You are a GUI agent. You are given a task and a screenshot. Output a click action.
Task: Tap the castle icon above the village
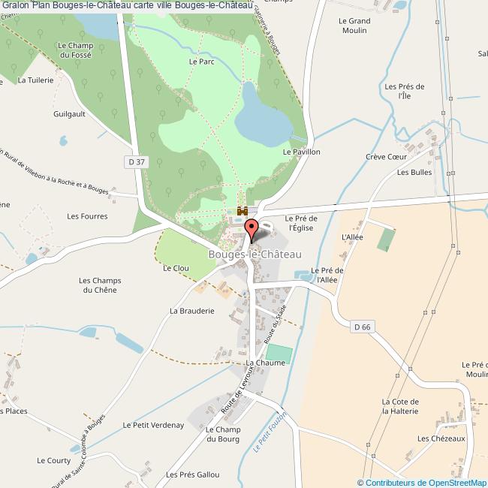click(x=242, y=211)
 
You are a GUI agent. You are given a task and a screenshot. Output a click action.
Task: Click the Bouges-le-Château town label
click(x=255, y=255)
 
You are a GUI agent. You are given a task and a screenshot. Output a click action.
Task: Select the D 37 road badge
click(x=134, y=161)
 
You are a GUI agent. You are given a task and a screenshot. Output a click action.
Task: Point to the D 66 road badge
click(x=362, y=326)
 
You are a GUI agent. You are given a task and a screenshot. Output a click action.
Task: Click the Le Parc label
click(x=202, y=62)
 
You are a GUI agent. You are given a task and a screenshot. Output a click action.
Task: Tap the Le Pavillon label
click(x=301, y=152)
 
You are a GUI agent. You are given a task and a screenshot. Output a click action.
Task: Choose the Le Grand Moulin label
click(x=353, y=26)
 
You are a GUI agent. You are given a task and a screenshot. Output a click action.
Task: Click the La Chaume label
click(x=266, y=363)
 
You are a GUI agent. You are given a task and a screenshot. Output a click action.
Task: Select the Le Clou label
click(x=176, y=267)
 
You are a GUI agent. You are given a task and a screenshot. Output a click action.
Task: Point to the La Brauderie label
click(x=192, y=310)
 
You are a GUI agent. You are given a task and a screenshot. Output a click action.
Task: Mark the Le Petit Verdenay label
click(x=153, y=425)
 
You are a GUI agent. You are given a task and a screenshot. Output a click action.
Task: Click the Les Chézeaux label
click(x=442, y=438)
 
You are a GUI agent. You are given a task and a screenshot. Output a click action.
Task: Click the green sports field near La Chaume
click(x=278, y=351)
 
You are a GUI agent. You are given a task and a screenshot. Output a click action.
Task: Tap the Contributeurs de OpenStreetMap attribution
click(x=425, y=483)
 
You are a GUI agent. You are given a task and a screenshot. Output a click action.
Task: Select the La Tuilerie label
click(x=35, y=80)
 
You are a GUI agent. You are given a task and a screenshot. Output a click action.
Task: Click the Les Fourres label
click(x=87, y=216)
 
